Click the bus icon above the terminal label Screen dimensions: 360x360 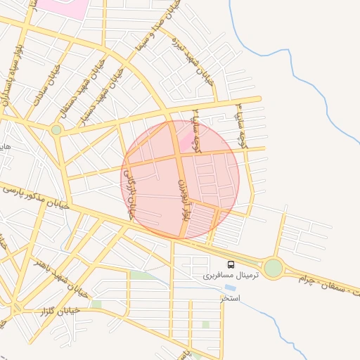[x=231, y=265]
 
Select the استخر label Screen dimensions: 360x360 [x=230, y=298]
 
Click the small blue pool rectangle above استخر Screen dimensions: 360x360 [x=230, y=288]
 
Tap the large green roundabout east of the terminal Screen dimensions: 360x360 [x=273, y=268]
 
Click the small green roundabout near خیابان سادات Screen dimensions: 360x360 [x=56, y=129]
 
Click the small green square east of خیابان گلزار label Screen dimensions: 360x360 [x=96, y=304]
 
